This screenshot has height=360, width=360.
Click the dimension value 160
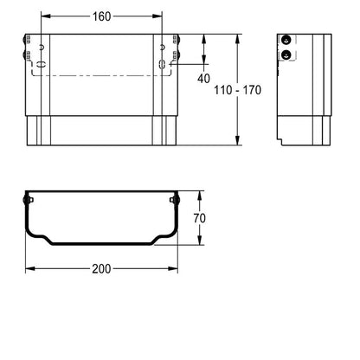point(101,16)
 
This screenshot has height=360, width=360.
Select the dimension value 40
point(203,78)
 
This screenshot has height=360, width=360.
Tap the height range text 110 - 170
point(237,90)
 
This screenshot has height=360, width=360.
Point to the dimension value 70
point(199,218)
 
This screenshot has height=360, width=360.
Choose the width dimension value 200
point(101,269)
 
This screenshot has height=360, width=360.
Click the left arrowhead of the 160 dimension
point(46,16)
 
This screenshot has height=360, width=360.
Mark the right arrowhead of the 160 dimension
point(157,16)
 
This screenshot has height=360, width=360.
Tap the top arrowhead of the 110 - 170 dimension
point(237,39)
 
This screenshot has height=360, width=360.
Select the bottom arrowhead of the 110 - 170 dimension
point(237,140)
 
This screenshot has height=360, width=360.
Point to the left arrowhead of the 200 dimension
point(30,269)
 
